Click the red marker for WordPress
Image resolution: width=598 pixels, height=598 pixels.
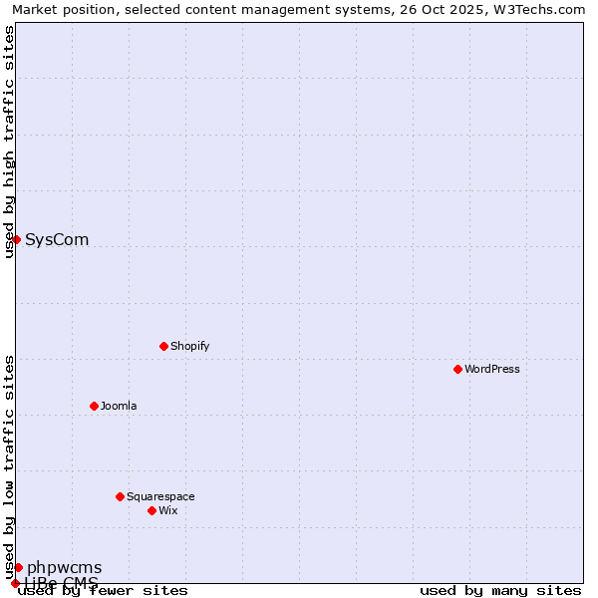pos(457,369)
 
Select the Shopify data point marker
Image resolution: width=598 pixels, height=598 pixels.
pos(163,346)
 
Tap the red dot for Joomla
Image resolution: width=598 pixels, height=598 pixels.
pos(94,406)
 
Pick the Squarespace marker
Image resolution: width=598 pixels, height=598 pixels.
pos(120,496)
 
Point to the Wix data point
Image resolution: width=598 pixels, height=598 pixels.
pos(151,510)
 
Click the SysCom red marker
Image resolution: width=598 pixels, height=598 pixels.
pos(16,239)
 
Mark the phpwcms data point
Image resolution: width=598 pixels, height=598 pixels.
pos(18,567)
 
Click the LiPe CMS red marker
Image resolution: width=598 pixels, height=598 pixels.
pos(15,583)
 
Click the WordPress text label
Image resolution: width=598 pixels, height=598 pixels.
pos(491,369)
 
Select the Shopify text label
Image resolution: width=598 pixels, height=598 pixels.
pos(189,346)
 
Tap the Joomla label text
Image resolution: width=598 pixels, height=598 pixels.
pos(119,406)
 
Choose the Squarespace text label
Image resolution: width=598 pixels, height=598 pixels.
pos(160,496)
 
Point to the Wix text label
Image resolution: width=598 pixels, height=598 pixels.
pos(167,510)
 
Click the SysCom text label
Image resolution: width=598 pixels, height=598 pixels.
pos(57,239)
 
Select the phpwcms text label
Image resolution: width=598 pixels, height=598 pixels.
pos(64,568)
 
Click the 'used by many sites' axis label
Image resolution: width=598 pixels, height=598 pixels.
pos(500,591)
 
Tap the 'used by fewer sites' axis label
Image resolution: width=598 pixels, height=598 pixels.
pos(104,591)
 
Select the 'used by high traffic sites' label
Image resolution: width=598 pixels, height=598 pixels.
pos(10,142)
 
